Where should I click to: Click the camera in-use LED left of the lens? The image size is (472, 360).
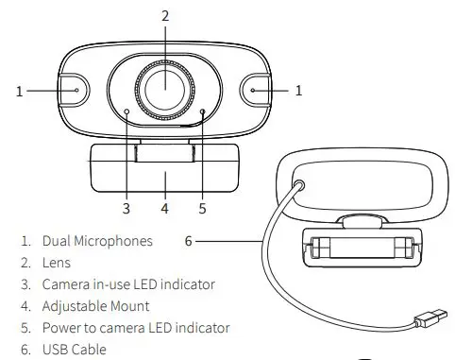click(126, 111)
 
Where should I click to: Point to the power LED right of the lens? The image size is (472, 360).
click(203, 111)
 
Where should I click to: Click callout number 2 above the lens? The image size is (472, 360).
click(165, 16)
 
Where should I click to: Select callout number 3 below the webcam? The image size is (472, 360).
click(126, 207)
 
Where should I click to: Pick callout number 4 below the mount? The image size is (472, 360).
click(164, 207)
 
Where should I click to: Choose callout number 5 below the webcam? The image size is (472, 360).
click(202, 207)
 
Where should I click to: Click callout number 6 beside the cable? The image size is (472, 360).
click(189, 241)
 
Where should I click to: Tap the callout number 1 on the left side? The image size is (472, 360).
click(19, 91)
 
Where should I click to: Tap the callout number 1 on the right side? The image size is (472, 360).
click(299, 91)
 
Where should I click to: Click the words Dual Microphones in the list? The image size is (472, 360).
click(97, 241)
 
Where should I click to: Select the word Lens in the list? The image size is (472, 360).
click(58, 263)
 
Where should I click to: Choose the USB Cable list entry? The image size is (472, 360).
click(75, 350)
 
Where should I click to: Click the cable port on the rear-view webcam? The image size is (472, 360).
click(301, 187)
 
